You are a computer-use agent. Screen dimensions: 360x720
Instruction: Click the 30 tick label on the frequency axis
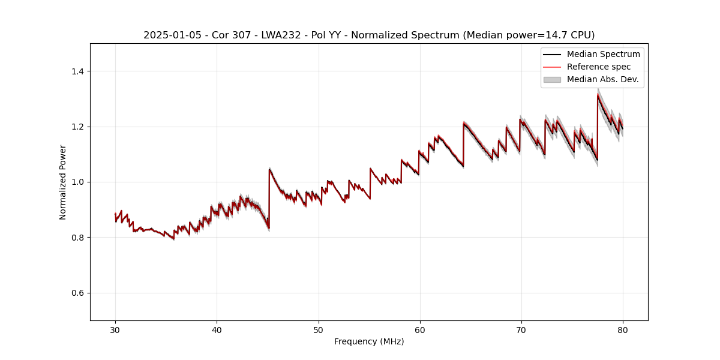115,329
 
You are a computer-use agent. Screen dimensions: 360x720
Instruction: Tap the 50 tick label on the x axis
318,329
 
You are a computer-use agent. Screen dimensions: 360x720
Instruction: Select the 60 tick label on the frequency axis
419,329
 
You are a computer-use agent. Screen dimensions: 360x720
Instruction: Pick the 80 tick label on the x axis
623,329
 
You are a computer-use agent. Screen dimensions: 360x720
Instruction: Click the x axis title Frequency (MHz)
369,341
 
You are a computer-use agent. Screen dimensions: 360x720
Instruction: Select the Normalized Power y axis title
63,182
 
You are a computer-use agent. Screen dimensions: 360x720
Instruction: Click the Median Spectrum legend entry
603,54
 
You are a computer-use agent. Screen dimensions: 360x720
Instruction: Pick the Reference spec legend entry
599,67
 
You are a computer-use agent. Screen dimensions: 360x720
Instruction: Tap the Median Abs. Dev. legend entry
602,79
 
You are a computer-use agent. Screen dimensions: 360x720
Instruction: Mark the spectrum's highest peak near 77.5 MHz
598,94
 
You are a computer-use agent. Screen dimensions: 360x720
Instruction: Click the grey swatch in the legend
551,79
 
